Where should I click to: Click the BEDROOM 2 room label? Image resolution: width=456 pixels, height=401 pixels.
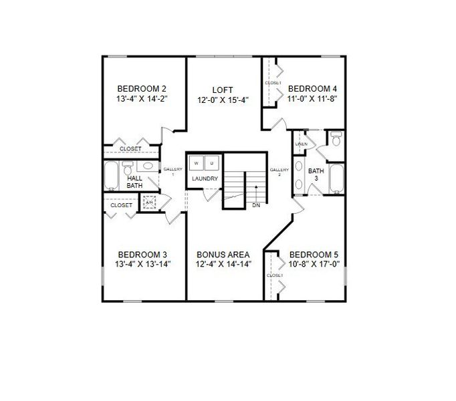[x=141, y=88]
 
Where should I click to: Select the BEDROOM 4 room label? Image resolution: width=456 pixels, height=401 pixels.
[x=312, y=88]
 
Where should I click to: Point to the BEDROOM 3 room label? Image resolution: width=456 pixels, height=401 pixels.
[x=142, y=255]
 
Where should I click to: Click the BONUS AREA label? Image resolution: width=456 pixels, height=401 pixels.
[x=223, y=255]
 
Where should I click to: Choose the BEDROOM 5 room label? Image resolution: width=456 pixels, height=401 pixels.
[x=314, y=255]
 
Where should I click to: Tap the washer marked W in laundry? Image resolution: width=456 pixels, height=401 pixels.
[x=197, y=162]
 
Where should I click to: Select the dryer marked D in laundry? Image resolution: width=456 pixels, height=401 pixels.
[x=211, y=162]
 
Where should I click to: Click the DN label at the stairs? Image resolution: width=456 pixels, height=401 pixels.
[x=256, y=205]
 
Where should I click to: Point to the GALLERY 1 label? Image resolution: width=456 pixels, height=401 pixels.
[x=173, y=171]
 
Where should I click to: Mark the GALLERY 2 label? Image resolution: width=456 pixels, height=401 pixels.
[x=279, y=172]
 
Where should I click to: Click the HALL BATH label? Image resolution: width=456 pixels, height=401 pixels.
[x=134, y=182]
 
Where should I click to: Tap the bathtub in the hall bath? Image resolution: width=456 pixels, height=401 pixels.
[x=111, y=176]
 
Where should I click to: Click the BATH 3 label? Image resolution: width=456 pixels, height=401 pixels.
[x=316, y=174]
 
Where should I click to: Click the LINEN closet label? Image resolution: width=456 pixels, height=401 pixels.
[x=302, y=144]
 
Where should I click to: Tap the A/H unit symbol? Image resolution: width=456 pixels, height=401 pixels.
[x=149, y=203]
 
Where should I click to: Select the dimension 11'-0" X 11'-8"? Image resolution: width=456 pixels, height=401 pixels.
[x=312, y=99]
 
